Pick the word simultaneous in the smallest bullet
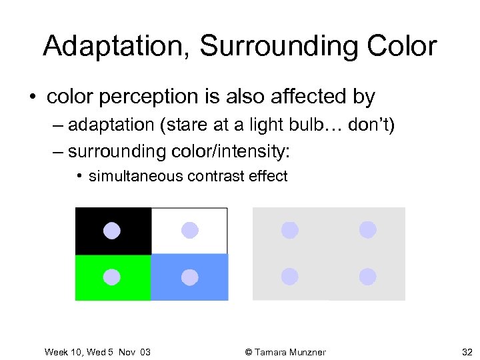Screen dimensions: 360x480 136,176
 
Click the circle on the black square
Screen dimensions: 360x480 112,230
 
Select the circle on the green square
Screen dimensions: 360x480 112,277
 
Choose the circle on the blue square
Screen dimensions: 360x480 190,277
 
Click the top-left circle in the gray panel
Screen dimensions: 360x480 289,230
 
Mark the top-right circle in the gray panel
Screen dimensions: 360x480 367,230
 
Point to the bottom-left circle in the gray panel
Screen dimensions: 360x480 289,276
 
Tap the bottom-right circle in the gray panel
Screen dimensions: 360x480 367,276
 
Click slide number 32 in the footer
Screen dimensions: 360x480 467,352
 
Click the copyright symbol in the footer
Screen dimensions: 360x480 249,352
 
